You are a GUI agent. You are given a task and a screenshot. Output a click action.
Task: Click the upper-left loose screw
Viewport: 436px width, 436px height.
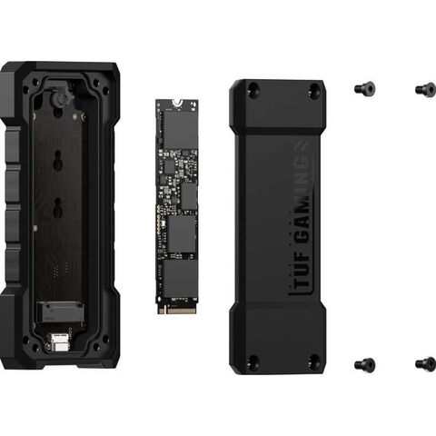(365, 88)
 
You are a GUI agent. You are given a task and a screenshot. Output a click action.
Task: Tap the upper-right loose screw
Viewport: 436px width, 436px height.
(426, 88)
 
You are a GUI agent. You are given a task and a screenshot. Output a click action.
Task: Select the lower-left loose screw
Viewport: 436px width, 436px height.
(365, 364)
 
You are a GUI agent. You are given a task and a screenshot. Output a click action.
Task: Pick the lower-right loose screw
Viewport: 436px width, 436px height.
(426, 363)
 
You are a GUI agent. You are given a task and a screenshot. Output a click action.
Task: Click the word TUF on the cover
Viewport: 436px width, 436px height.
(302, 270)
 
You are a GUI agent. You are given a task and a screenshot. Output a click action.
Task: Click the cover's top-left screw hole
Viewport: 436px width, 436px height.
(253, 89)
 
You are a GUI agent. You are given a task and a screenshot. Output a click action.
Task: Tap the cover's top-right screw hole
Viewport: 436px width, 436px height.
(315, 89)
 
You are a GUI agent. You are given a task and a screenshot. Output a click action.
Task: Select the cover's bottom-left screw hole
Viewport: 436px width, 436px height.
(253, 362)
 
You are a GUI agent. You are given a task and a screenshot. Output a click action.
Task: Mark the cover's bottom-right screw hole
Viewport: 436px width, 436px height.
(315, 362)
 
